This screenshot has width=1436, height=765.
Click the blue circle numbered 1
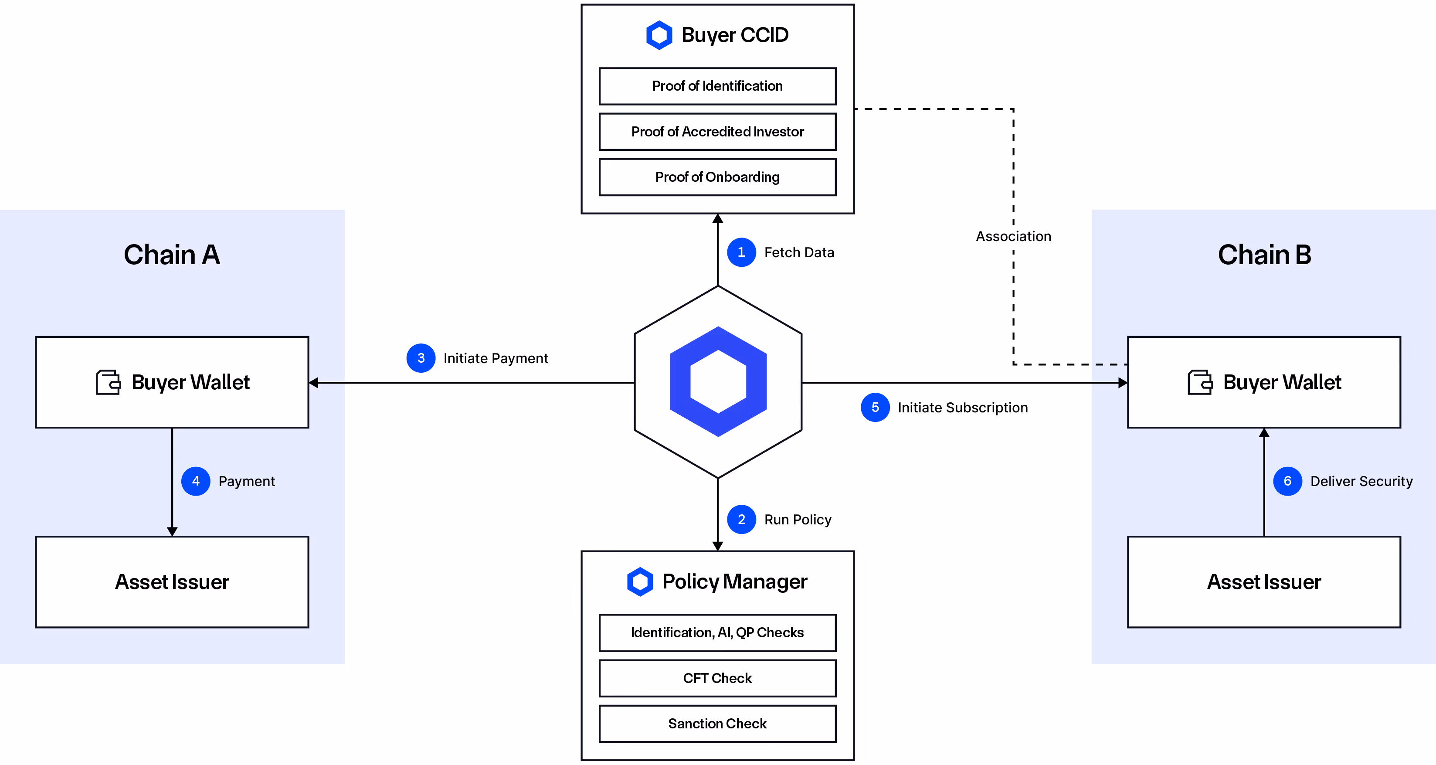click(741, 252)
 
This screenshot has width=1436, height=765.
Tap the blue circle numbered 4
click(196, 481)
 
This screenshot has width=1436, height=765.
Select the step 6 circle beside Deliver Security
click(1287, 481)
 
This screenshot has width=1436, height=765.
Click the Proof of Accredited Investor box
click(717, 132)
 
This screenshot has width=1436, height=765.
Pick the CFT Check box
click(717, 677)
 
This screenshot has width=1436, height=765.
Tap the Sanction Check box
click(717, 723)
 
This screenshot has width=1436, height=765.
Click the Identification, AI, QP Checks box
click(717, 632)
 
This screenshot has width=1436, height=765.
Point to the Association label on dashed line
click(1013, 236)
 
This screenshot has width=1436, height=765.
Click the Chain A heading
click(172, 255)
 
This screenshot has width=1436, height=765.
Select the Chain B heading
click(1264, 255)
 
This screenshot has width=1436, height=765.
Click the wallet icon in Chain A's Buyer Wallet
click(108, 383)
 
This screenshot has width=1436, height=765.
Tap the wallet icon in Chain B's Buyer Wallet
click(1200, 383)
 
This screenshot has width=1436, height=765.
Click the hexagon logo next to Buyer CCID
click(659, 35)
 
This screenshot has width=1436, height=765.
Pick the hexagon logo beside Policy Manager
click(639, 581)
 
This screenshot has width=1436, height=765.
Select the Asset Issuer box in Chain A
click(172, 581)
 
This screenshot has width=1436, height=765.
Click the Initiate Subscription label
click(962, 408)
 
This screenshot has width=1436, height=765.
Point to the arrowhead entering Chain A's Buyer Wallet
click(314, 383)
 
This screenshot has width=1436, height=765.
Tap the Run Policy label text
click(797, 520)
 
